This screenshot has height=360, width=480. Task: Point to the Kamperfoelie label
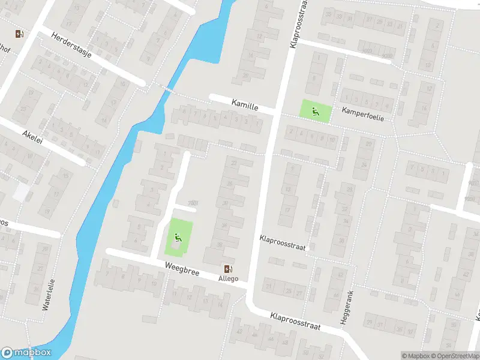coord(362,114)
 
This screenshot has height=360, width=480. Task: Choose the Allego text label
coord(228,278)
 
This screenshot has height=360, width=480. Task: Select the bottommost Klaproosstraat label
coord(295,322)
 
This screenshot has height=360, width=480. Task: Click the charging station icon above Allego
coord(228,269)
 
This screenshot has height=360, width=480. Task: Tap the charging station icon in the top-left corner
coord(20,34)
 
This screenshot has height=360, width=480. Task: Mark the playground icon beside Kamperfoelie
coord(315,112)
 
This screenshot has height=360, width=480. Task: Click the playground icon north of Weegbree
coord(178,238)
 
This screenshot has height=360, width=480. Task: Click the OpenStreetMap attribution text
coord(455,356)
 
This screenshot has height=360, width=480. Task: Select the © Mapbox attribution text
coord(416,356)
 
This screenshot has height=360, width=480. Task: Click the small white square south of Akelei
coord(21,192)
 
